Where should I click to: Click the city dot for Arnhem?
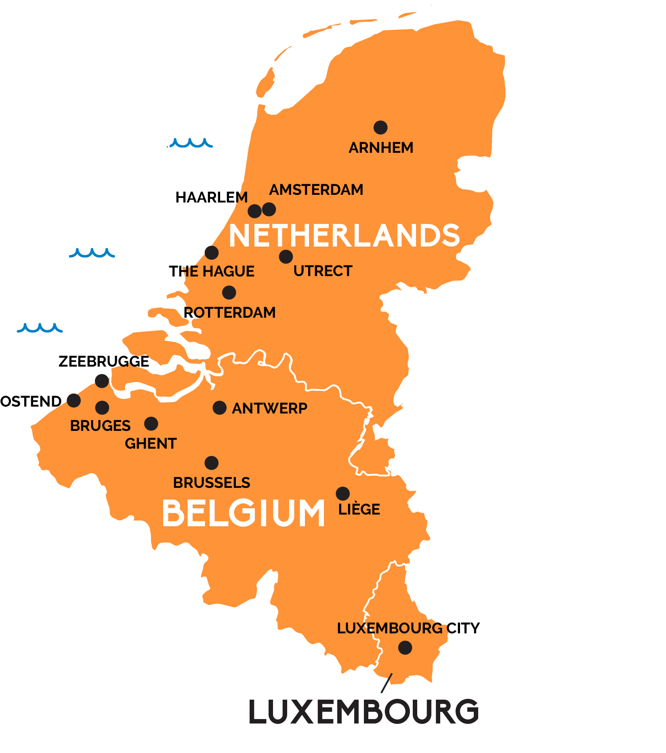(x=380, y=127)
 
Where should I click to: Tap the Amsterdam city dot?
(x=269, y=209)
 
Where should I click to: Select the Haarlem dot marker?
(x=254, y=211)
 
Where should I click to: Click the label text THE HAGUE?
(x=212, y=271)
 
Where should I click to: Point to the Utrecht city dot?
(x=286, y=256)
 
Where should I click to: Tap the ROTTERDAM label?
(x=229, y=312)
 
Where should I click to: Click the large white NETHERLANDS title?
(x=344, y=236)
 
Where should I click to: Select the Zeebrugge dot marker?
(x=102, y=381)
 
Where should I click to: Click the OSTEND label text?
(x=31, y=401)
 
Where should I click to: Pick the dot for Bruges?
(x=102, y=407)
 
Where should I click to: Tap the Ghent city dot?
(x=151, y=424)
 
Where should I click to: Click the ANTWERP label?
(x=269, y=408)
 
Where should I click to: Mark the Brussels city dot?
(x=212, y=463)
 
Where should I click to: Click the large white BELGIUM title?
(x=243, y=513)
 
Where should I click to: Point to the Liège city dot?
(x=342, y=494)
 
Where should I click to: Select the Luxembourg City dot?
(x=405, y=648)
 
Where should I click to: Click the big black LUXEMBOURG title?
(x=363, y=712)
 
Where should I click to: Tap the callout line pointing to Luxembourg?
(x=387, y=683)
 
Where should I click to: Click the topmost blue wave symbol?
(x=191, y=143)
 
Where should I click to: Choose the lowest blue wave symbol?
(x=40, y=328)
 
